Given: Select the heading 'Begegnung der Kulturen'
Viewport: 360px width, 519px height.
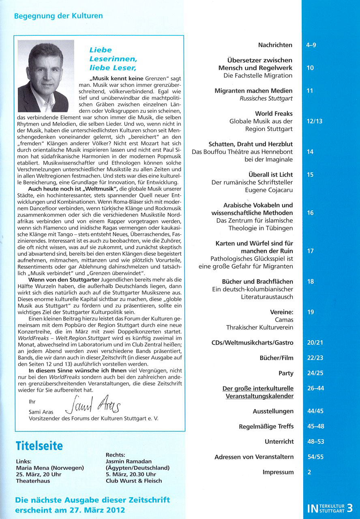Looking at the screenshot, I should pos(58,16).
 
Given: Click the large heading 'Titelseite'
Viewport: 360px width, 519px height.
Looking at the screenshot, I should pos(39,446).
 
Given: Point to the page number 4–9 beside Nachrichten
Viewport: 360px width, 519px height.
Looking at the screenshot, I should pos(311,45).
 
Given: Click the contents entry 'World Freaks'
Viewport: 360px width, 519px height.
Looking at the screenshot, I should pos(274,114).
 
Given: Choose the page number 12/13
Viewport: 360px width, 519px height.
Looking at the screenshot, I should pos(315,121).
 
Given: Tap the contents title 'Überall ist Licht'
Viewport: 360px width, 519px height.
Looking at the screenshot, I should pos(271,175).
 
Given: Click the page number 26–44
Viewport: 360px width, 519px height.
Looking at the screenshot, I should pos(315,388).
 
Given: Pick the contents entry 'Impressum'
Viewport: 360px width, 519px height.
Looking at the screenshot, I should pos(278,472).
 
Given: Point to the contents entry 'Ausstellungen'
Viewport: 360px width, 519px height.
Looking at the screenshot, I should pos(273,411).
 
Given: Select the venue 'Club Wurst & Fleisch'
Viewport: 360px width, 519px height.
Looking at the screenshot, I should pos(133,480).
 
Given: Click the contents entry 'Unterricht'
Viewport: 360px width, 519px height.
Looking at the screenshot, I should pos(279,442).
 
